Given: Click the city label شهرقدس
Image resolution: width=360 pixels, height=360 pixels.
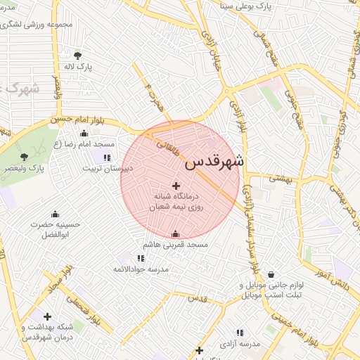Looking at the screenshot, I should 214,163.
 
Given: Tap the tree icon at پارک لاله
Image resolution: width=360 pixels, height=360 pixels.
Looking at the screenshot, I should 77,55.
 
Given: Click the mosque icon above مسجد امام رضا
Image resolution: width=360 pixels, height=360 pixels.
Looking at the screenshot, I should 84,133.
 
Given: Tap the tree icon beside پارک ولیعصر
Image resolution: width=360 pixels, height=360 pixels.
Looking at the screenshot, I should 24,157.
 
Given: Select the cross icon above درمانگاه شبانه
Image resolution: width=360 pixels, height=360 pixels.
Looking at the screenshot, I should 176,185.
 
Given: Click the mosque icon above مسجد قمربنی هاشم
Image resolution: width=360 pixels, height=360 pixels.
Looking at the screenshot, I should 175,234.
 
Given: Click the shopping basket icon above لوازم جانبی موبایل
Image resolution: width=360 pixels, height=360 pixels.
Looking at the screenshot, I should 271,275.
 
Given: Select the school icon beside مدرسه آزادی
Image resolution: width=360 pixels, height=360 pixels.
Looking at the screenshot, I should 240,332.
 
